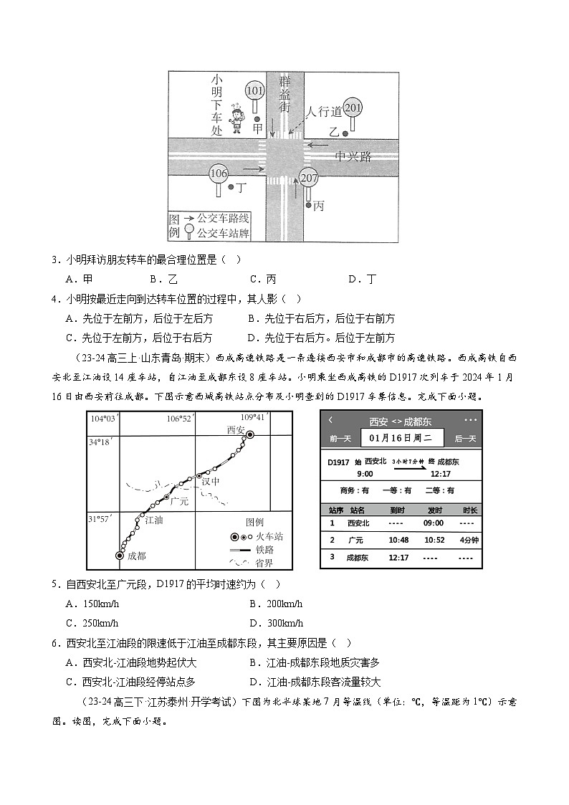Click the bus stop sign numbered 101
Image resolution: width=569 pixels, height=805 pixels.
254,91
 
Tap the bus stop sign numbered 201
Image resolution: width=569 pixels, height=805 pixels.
353,108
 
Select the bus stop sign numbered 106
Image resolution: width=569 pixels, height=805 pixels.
219,173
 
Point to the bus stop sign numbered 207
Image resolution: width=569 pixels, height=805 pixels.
309,178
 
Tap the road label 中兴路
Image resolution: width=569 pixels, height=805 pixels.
355,156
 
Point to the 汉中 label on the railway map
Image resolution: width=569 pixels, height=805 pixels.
210,481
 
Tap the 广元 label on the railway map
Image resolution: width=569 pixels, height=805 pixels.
178,501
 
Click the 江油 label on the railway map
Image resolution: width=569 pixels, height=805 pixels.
154,520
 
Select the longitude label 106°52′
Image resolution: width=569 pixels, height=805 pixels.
179,419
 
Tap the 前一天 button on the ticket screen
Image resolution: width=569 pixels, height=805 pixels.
340,438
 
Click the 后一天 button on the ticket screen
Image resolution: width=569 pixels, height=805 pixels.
465,438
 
